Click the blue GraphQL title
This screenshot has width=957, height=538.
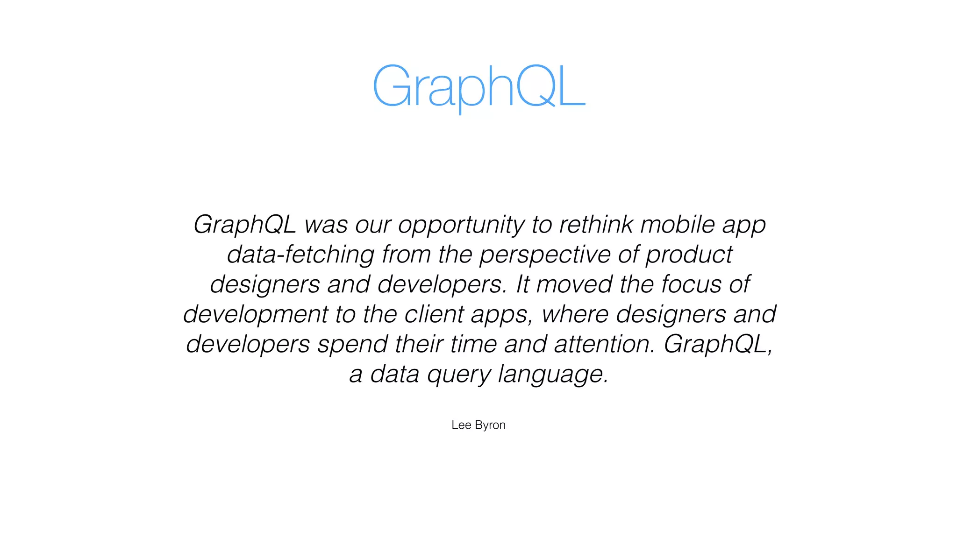point(478,86)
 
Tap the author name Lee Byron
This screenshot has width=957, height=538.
point(478,425)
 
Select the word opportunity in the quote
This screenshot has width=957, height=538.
point(461,225)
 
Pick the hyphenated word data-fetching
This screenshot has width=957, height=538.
point(300,255)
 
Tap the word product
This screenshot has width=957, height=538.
point(689,255)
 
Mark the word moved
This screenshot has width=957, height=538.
point(574,284)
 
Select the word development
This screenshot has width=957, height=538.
point(256,315)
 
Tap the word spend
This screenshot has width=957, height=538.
point(352,345)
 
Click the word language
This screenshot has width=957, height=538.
point(553,375)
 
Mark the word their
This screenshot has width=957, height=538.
point(419,344)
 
